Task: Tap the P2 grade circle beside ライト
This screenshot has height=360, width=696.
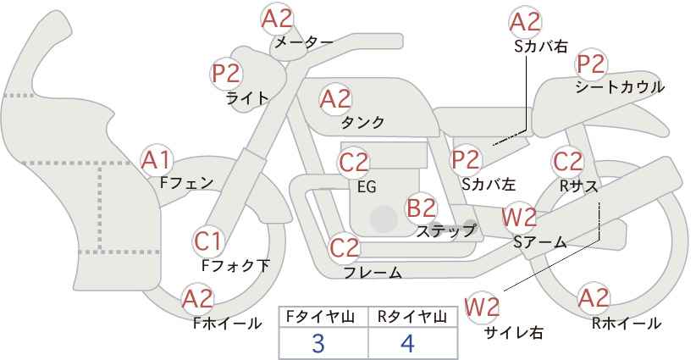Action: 227,74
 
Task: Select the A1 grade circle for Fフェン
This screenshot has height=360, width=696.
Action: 157,159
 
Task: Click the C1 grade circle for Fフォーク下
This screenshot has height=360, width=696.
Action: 208,241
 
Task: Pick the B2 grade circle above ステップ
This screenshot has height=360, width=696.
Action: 421,207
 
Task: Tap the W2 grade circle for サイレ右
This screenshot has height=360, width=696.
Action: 483,307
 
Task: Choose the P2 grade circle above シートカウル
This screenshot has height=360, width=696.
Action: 591,64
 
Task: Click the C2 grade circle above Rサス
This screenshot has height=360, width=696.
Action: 567,161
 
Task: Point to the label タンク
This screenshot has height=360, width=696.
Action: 362,122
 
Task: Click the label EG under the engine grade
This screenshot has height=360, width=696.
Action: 366,187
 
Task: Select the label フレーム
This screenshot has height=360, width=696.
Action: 373,273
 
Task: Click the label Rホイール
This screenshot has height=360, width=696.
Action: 627,323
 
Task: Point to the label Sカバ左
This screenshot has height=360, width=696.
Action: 489,183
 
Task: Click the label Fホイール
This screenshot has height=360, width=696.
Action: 228,323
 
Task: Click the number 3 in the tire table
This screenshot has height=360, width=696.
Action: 318,344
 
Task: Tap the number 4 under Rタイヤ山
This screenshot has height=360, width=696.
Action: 408,344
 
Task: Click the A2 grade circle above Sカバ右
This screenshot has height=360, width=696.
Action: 526,22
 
